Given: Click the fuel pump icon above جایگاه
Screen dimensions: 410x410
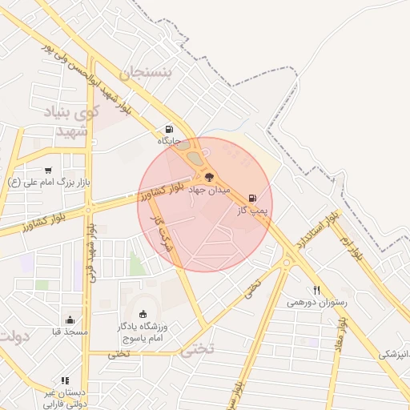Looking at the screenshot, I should click(x=169, y=129).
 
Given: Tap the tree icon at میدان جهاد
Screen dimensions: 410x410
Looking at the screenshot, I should click(x=210, y=176).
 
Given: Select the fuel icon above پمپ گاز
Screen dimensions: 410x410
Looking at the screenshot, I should click(x=254, y=197).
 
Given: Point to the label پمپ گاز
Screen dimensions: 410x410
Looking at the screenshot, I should click(x=251, y=211).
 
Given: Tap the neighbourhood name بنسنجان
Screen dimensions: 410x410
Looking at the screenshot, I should click(x=145, y=73).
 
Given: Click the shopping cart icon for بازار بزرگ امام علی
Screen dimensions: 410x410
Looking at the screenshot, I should click(x=49, y=169).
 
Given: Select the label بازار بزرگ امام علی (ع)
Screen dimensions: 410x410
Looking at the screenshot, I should click(x=49, y=183).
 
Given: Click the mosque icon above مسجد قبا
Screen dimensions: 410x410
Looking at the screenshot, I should click(x=70, y=320).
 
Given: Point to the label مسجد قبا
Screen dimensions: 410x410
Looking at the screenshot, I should click(x=70, y=332).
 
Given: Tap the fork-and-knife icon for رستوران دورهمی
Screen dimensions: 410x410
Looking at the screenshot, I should click(x=317, y=290).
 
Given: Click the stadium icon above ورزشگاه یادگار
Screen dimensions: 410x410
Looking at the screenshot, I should click(x=143, y=313).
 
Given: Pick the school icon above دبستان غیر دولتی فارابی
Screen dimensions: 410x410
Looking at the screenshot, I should click(x=65, y=380).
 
